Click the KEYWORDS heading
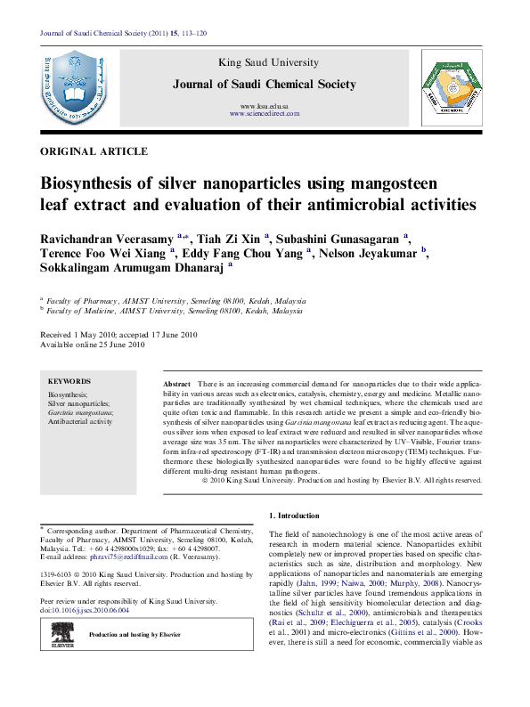point(70,380)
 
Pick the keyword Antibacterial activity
point(80,422)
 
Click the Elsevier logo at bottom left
point(66,635)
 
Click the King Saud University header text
point(265,62)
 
